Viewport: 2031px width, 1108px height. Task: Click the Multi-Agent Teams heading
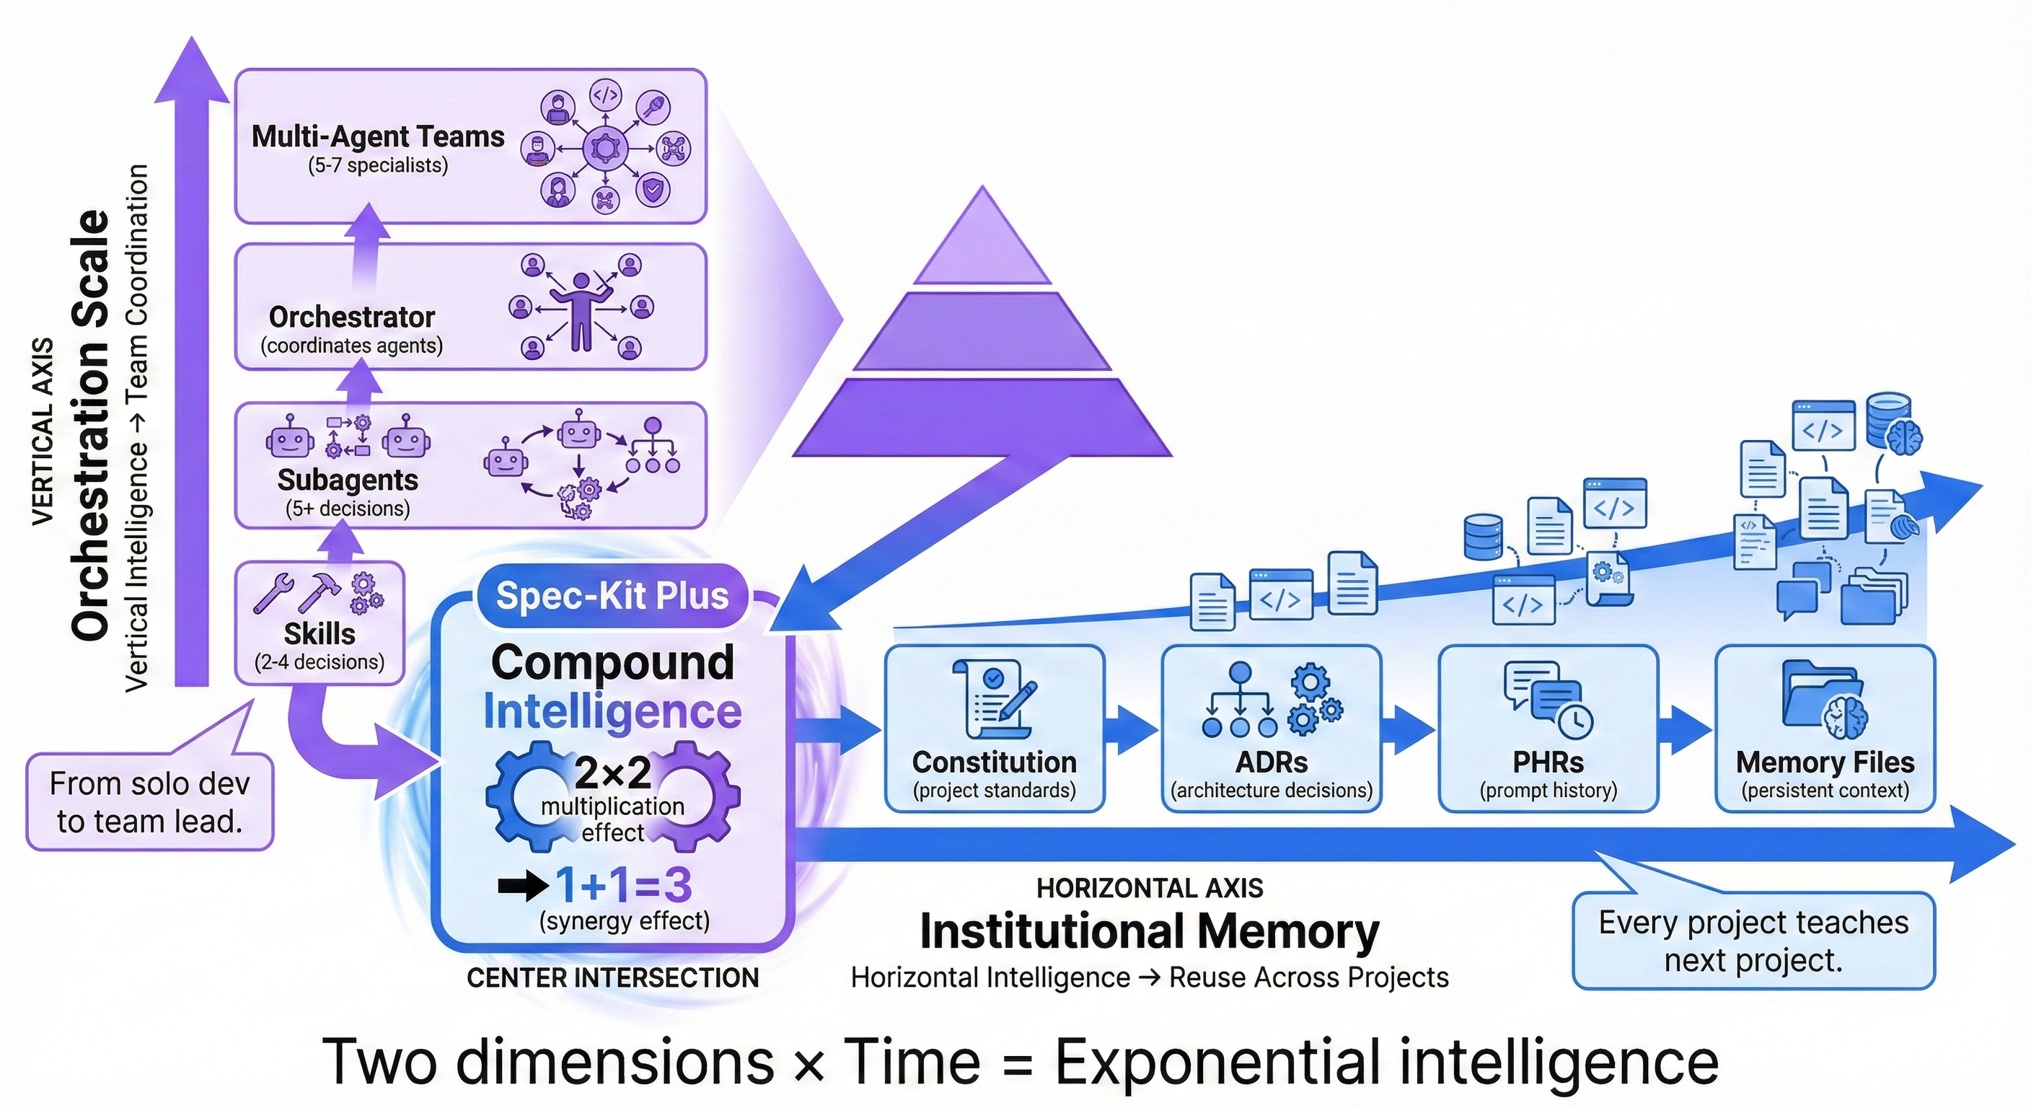click(378, 136)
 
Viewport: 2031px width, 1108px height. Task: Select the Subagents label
click(348, 480)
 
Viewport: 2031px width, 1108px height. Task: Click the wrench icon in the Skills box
click(273, 594)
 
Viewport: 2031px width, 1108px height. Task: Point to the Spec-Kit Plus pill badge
click(612, 596)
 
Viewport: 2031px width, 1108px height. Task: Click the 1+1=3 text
click(623, 885)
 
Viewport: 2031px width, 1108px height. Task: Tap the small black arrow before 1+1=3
click(523, 886)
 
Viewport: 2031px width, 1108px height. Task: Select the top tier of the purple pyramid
click(982, 240)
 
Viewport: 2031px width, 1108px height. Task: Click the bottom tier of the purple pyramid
click(982, 418)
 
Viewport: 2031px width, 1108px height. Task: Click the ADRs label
click(1271, 762)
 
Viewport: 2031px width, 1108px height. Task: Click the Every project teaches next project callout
click(1753, 941)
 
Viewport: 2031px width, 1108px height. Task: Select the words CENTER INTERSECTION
click(612, 978)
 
